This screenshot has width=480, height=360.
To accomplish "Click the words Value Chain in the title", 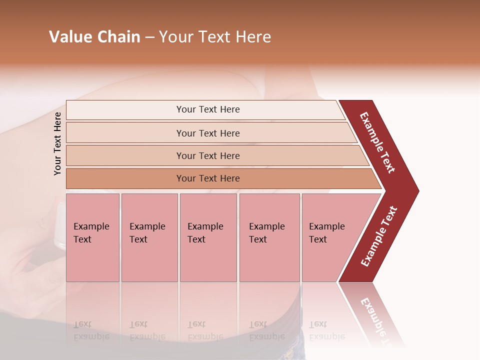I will tap(94, 37).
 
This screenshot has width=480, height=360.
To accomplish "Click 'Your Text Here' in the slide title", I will tap(215, 37).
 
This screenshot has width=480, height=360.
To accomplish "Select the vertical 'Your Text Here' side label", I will tap(57, 143).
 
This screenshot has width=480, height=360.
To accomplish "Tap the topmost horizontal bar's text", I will tap(208, 109).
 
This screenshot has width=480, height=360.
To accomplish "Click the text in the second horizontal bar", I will tap(208, 133).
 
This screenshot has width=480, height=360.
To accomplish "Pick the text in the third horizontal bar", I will tap(208, 156).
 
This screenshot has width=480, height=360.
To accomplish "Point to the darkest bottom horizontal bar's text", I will tap(208, 178).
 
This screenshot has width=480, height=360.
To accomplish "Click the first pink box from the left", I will tap(92, 237).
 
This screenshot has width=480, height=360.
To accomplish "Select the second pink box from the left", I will tap(149, 237).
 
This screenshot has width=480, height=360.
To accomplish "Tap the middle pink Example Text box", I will tap(208, 237).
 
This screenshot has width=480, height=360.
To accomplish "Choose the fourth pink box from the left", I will tap(269, 237).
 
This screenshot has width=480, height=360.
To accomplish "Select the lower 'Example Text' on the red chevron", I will tap(379, 236).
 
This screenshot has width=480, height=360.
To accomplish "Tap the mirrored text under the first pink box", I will tap(91, 330).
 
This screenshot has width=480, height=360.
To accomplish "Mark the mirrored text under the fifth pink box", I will tap(326, 330).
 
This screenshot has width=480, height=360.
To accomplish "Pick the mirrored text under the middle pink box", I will tap(205, 330).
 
